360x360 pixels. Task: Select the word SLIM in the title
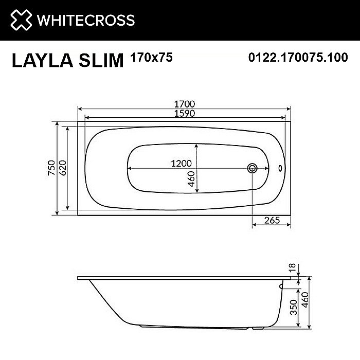[x=101, y=61]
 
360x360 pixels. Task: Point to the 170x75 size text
[x=152, y=58]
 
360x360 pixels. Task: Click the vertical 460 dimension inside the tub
[x=190, y=180]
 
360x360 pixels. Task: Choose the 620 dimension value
[x=63, y=168]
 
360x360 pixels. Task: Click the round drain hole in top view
[x=253, y=168]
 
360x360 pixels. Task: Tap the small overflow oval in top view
[x=280, y=168]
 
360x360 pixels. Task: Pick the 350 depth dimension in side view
[x=292, y=307]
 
